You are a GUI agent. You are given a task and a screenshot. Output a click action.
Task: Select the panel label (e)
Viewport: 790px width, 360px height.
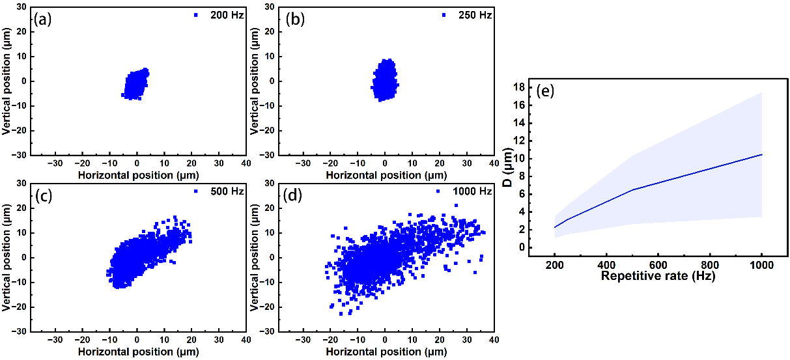tap(544, 90)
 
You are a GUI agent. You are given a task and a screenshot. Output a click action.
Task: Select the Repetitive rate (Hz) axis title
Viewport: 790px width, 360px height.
tap(658, 275)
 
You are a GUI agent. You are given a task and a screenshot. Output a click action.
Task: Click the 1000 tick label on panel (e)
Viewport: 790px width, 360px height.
tap(761, 264)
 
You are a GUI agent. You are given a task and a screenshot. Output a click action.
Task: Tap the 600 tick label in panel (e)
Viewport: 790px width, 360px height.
tap(658, 264)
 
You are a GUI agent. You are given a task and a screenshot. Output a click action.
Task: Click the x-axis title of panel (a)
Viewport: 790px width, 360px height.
tap(137, 175)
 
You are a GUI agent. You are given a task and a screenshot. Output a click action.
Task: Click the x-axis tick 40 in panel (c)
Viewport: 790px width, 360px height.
tap(246, 340)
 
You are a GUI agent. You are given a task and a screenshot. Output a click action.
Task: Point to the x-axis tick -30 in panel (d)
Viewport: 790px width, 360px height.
tap(303, 340)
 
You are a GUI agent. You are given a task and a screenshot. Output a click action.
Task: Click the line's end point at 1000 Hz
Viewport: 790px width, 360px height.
tap(761, 154)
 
